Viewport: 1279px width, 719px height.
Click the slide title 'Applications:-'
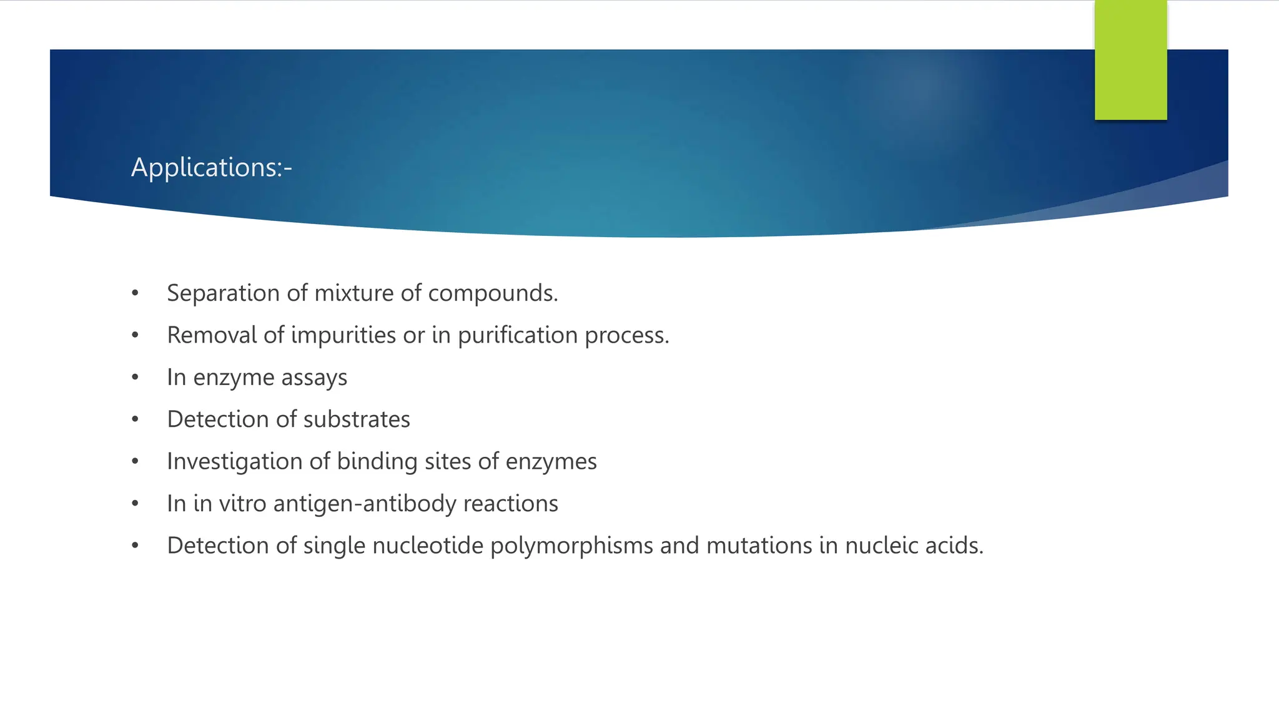(x=211, y=167)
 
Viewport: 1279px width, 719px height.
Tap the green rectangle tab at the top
(x=1130, y=60)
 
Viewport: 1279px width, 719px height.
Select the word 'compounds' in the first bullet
(x=491, y=293)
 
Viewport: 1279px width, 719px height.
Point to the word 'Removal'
(x=212, y=335)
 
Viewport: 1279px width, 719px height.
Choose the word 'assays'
(x=314, y=378)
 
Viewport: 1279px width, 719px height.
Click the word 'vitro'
(x=242, y=504)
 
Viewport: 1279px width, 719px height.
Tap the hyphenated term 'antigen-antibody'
(x=365, y=504)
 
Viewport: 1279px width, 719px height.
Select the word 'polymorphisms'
(x=571, y=545)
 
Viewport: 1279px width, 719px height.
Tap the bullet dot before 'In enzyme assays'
(x=135, y=378)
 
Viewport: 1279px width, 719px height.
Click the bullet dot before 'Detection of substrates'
(x=135, y=419)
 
